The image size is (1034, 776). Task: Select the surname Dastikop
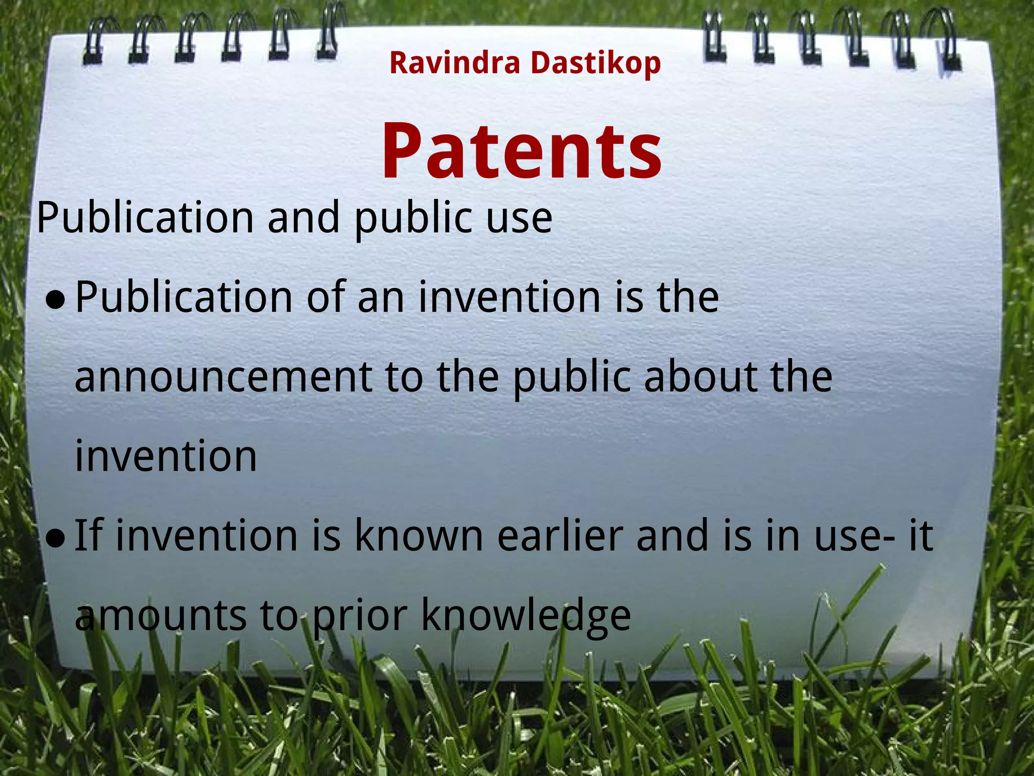[595, 64]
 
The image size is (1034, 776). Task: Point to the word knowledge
[526, 615]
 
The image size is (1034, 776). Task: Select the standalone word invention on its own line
[166, 456]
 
